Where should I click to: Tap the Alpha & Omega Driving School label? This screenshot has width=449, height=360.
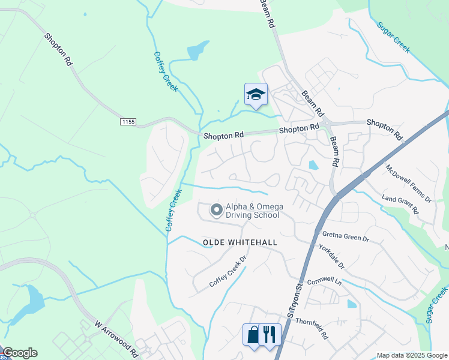click(x=252, y=211)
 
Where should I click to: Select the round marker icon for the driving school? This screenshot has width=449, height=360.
click(x=216, y=210)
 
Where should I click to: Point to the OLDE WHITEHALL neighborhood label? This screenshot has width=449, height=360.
click(x=240, y=242)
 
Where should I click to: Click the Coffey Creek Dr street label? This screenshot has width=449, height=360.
click(x=228, y=272)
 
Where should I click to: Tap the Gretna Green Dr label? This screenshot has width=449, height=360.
click(x=345, y=237)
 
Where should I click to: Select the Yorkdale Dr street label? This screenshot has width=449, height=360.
click(x=331, y=256)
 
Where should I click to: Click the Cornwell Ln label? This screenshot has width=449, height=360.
click(x=324, y=281)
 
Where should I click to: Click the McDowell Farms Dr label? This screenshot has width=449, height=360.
click(x=408, y=183)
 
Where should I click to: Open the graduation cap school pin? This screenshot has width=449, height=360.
click(x=256, y=95)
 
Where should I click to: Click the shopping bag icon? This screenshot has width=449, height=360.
click(x=253, y=334)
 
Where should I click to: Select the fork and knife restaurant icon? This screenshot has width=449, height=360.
click(x=270, y=334)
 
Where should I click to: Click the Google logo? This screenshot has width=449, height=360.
click(x=20, y=353)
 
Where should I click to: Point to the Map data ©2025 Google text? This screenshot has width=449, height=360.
click(x=412, y=355)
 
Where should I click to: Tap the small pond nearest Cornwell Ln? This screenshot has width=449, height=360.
click(x=352, y=304)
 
